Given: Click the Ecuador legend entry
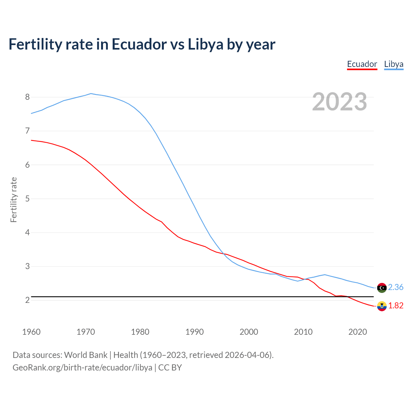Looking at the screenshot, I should click(362, 64).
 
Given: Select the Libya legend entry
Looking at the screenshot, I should click(393, 64).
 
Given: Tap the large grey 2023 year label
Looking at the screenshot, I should click(339, 102).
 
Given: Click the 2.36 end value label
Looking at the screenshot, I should click(396, 287).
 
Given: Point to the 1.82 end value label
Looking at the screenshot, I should click(396, 305).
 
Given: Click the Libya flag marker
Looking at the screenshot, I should click(382, 288).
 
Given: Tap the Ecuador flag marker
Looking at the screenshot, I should click(382, 306).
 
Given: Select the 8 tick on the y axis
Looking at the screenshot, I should click(27, 97).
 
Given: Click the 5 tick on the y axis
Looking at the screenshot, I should click(27, 199).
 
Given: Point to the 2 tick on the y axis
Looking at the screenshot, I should click(27, 300).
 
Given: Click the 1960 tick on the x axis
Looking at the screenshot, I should click(31, 332).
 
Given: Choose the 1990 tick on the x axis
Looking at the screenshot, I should click(194, 332).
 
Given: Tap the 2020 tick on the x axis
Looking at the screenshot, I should click(358, 332).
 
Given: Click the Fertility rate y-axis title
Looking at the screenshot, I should click(14, 200).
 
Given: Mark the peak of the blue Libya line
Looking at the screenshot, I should click(91, 94).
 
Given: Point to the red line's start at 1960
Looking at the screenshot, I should click(32, 140).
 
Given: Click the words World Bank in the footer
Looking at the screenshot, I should click(86, 355).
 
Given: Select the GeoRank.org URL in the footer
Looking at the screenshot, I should click(82, 368).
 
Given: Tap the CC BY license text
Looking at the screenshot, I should click(170, 368).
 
